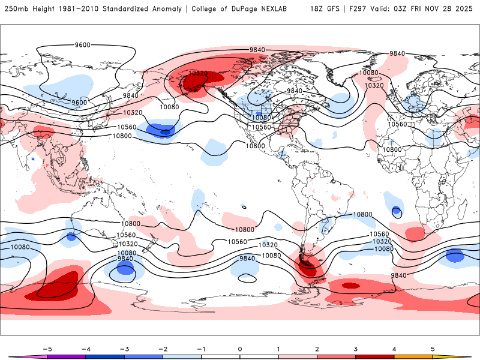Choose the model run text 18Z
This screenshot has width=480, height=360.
(319, 9)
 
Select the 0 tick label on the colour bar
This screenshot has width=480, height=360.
(240, 349)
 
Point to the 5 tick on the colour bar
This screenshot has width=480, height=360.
(433, 349)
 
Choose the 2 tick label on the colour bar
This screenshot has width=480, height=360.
(317, 349)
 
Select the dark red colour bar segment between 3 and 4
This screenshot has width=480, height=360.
(375, 356)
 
